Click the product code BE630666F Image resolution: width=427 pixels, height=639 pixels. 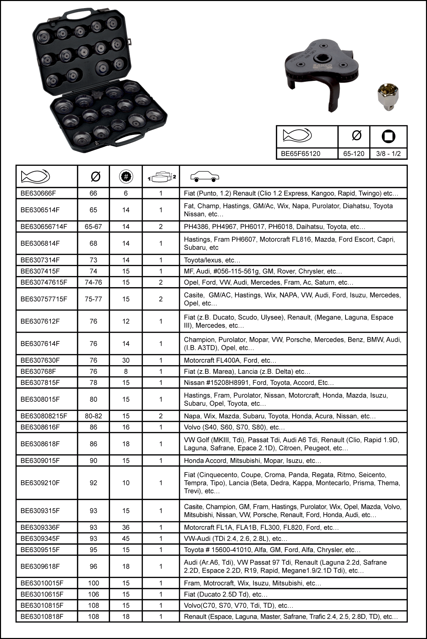[38, 193]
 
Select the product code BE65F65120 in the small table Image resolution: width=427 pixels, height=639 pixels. [300, 154]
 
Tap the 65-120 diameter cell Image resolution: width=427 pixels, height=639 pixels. [354, 154]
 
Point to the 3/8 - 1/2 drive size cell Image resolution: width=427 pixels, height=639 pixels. [388, 154]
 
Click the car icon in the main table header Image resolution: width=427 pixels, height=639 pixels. [204, 177]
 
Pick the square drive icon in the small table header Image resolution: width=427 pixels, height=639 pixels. [388, 136]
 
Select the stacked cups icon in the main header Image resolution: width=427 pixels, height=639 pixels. [162, 177]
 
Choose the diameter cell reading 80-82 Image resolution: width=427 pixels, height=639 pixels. [93, 416]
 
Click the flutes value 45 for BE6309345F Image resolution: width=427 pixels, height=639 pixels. [126, 539]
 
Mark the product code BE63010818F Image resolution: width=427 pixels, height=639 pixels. [42, 617]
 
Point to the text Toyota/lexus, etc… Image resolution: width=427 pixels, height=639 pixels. [212, 260]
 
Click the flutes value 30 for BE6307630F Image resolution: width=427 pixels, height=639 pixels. [126, 360]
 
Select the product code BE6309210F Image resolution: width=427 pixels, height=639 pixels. [40, 483]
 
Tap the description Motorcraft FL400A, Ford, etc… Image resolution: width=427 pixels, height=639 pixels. [230, 360]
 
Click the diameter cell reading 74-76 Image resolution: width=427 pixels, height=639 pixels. [93, 282]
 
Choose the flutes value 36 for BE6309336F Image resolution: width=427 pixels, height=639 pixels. [126, 527]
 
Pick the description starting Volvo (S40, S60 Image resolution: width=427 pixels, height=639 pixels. [234, 427]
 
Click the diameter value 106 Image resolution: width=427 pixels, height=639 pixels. [93, 595]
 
